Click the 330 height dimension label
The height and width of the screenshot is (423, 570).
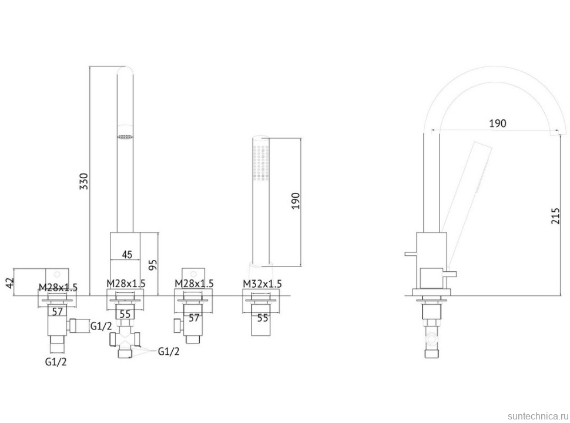click(84, 181)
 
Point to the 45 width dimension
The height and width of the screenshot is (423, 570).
click(127, 254)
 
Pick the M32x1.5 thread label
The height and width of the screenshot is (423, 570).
click(262, 283)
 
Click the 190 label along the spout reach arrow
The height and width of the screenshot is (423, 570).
click(497, 124)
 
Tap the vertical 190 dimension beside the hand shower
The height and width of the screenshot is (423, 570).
click(296, 201)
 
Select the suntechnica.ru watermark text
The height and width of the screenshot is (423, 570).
click(538, 416)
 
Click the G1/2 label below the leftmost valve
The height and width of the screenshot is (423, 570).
click(56, 361)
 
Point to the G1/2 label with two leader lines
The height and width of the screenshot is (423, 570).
click(168, 351)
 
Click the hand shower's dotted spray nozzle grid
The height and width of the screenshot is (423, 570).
click(261, 162)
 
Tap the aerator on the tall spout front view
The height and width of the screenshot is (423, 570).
click(125, 137)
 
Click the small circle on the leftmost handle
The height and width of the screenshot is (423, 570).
click(57, 274)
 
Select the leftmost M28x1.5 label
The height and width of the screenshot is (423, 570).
click(58, 288)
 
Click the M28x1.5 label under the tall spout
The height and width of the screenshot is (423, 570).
click(126, 283)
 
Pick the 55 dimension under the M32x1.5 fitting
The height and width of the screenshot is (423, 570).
click(263, 318)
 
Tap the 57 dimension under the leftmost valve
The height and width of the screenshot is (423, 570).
click(58, 312)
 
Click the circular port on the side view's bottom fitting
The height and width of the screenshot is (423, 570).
click(432, 338)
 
